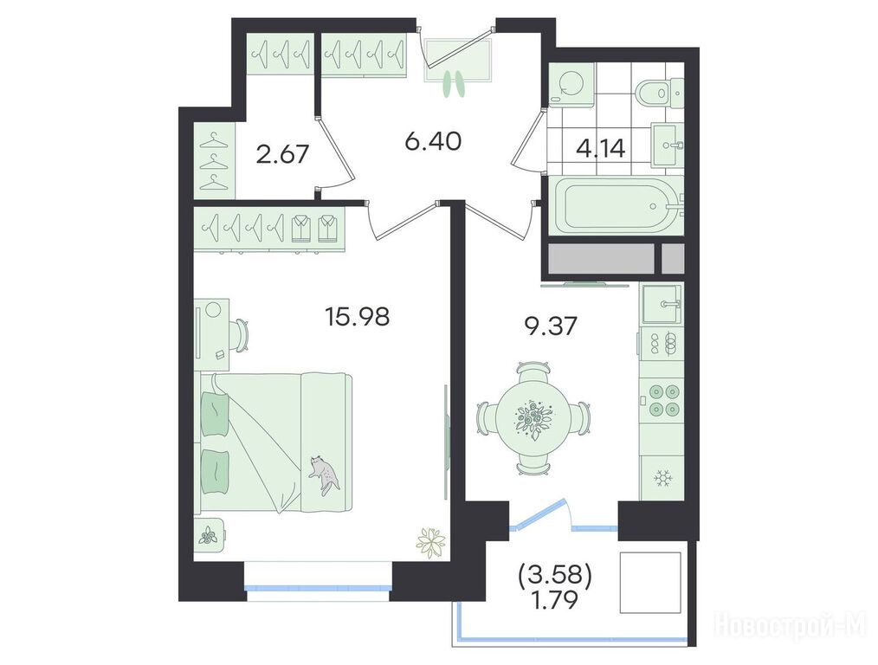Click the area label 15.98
click(x=358, y=318)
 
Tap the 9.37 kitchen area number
click(x=550, y=326)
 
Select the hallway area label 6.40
click(x=433, y=142)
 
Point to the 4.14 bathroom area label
click(x=600, y=150)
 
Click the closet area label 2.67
click(x=282, y=154)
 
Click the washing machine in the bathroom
click(x=571, y=85)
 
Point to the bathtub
click(x=616, y=205)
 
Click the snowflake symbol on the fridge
click(x=663, y=479)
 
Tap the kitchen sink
click(x=662, y=304)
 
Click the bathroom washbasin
click(x=667, y=145)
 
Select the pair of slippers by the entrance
click(x=454, y=84)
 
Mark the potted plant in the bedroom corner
click(x=432, y=542)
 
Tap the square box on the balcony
click(x=650, y=584)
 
